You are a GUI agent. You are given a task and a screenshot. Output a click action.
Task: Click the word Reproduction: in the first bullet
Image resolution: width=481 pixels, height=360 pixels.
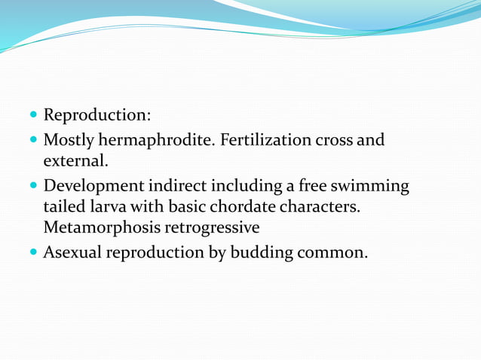[x=97, y=116]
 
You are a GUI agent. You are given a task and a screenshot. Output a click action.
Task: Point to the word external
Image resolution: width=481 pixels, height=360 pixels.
[x=76, y=160]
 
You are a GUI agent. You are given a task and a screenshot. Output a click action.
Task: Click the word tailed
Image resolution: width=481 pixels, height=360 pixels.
[x=65, y=206]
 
